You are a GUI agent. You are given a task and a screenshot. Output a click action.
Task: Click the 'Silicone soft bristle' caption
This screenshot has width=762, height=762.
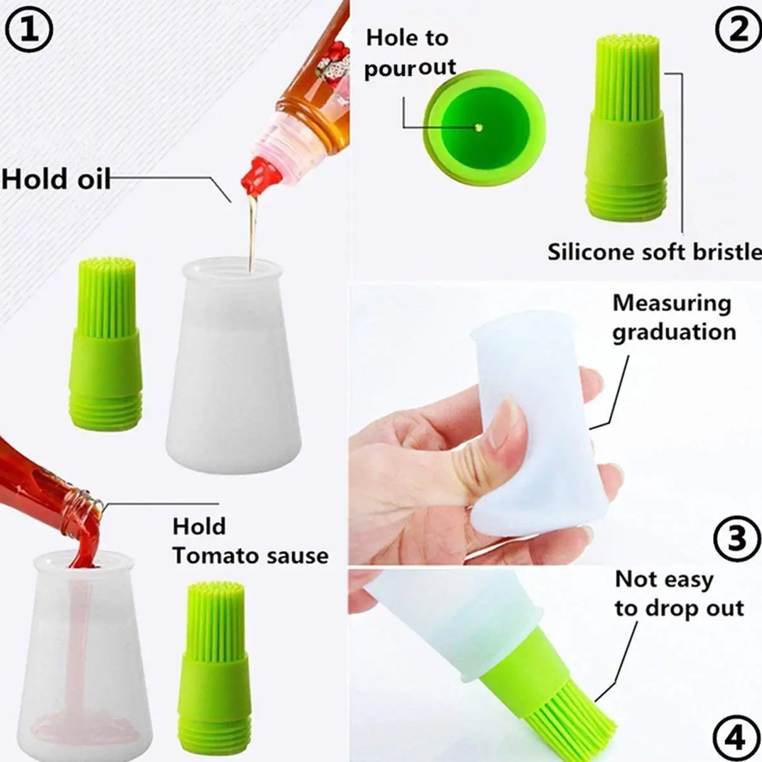click(654, 252)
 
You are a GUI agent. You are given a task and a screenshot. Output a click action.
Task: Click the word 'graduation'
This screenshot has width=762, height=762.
click(674, 332)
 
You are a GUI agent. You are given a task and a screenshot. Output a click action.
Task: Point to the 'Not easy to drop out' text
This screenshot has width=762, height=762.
click(679, 593)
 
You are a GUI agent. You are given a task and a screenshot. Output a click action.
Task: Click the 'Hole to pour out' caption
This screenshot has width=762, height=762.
click(409, 53)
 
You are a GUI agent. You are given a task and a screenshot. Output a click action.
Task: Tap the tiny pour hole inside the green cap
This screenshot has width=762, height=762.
click(478, 128)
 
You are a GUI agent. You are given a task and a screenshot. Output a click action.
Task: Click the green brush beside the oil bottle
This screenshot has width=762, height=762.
click(106, 342)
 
